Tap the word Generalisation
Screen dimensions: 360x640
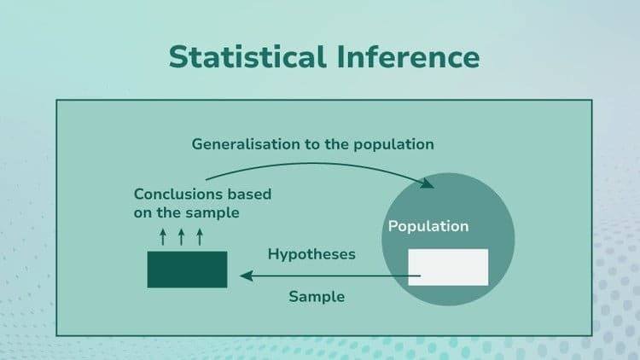click(x=246, y=144)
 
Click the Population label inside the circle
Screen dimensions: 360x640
click(x=428, y=227)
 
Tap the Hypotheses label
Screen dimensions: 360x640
click(x=311, y=254)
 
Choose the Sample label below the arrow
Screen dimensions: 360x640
click(x=317, y=297)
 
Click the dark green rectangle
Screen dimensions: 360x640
click(x=187, y=269)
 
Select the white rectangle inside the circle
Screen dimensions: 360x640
click(x=448, y=267)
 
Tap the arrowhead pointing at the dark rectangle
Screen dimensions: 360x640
click(x=245, y=276)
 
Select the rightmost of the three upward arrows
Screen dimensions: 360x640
click(x=200, y=235)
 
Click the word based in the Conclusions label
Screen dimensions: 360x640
click(x=250, y=194)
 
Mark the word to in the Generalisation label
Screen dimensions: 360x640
click(x=314, y=144)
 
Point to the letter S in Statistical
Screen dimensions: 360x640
click(x=177, y=56)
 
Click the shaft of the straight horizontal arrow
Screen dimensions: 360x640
click(x=333, y=276)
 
